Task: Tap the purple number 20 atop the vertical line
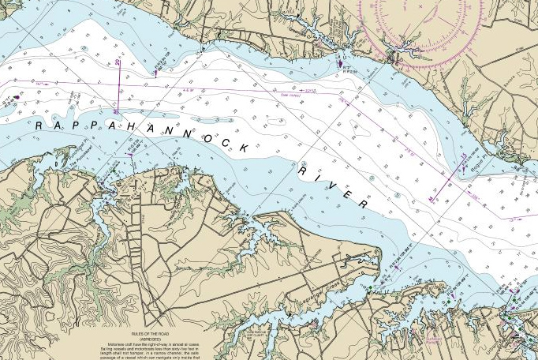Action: pos(118,62)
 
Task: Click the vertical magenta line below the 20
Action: pos(118,83)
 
